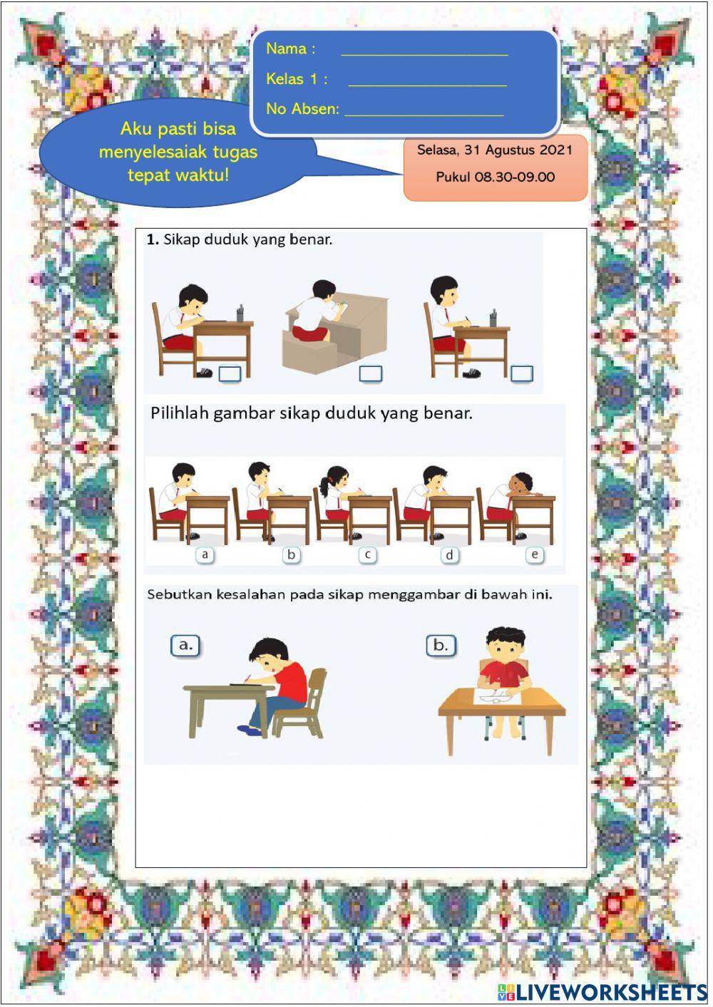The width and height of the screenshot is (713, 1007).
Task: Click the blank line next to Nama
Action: point(424,51)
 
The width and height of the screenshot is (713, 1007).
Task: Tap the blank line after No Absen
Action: point(424,112)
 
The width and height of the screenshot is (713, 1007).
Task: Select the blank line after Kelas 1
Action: point(427,82)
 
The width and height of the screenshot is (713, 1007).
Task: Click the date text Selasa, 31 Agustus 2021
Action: point(495,150)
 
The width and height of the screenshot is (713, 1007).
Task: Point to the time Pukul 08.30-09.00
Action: point(495,177)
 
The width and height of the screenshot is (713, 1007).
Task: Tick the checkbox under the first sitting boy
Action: point(230,373)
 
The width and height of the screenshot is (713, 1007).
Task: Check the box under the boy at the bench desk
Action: point(371,373)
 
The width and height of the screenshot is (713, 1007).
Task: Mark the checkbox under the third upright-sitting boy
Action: point(522,373)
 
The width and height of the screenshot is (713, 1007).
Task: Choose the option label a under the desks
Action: point(205,554)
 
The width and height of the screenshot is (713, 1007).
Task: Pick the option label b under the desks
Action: point(291,554)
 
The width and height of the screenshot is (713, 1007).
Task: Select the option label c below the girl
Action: point(368,554)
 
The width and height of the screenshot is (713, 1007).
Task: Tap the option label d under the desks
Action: point(449,554)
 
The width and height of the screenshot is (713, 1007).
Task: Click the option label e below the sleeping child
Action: point(535,554)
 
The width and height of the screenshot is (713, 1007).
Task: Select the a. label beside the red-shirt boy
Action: point(185,645)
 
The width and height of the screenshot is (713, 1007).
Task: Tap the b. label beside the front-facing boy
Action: point(441,645)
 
